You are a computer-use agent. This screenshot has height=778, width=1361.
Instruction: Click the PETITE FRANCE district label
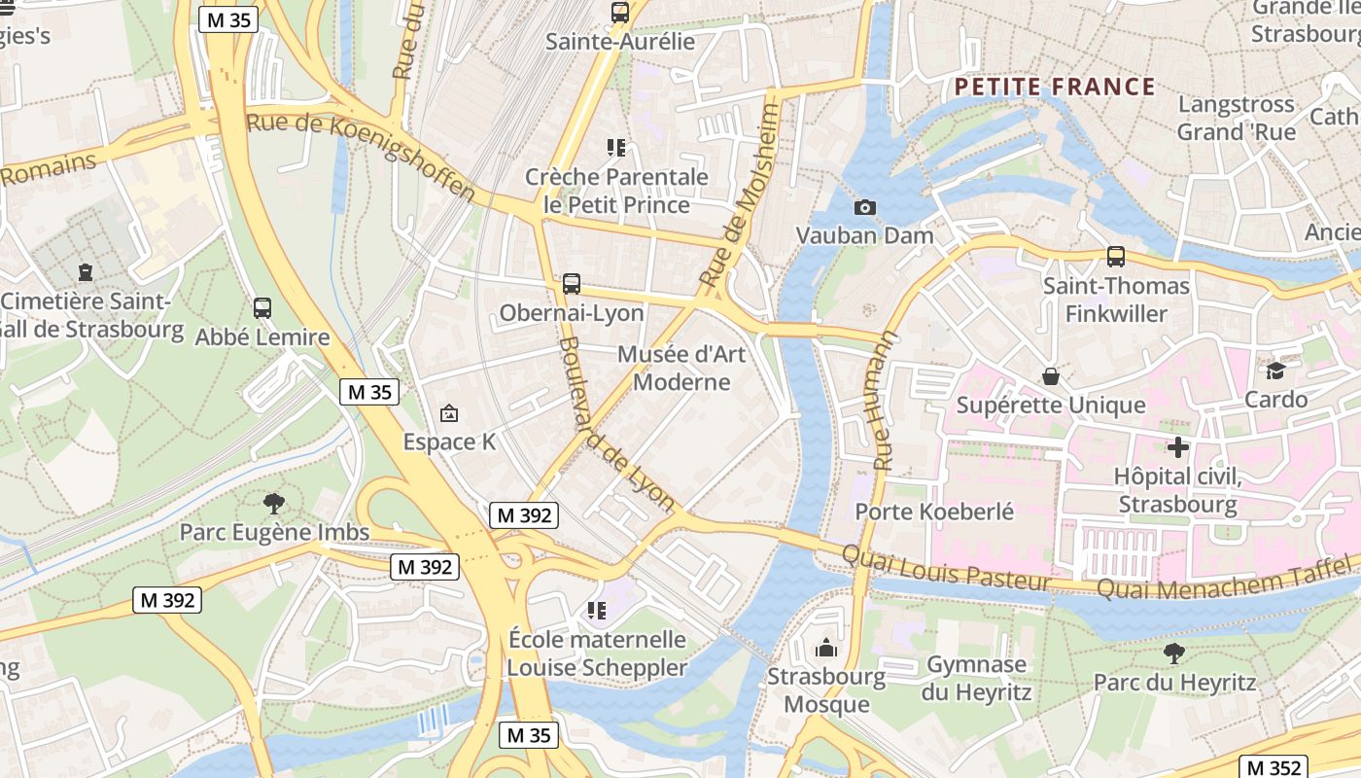coord(1055,88)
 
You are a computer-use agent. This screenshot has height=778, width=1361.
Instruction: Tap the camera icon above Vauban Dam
coord(864,207)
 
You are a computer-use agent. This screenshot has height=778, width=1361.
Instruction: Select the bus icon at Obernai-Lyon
coord(572,284)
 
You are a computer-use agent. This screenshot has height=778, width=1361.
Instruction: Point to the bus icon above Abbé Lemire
coord(262,308)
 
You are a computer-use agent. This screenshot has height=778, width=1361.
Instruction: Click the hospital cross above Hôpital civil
coord(1178,447)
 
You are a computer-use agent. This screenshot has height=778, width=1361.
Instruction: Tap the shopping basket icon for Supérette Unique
coord(1051,376)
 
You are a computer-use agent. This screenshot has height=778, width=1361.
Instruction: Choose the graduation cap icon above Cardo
coord(1275,371)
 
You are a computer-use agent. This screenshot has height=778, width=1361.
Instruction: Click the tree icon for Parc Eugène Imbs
coord(274,503)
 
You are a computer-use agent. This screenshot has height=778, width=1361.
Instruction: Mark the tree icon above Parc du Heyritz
coord(1174,654)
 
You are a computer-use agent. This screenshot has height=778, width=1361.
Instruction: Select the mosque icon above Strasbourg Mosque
coord(826,648)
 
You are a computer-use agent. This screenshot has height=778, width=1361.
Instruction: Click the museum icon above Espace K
coord(449,413)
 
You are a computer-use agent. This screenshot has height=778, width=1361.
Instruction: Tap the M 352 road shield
coord(1273,767)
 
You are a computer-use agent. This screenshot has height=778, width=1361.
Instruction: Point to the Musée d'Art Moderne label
coord(681,368)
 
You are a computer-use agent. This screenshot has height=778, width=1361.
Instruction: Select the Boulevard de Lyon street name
coord(616,424)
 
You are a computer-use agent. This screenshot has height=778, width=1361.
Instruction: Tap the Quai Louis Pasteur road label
coord(946,569)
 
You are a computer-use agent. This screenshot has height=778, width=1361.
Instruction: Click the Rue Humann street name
coord(885,401)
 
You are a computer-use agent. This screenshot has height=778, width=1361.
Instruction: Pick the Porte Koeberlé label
coord(934,512)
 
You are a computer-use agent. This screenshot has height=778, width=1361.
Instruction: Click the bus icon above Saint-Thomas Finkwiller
coord(1116,257)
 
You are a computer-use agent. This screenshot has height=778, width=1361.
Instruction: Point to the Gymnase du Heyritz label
coord(976,679)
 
